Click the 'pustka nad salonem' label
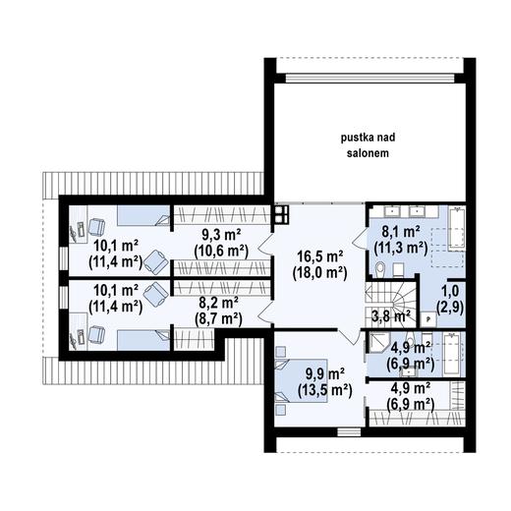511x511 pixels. click(x=368, y=145)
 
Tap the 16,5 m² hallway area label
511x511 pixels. click(x=319, y=265)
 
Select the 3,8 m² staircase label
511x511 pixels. click(x=391, y=316)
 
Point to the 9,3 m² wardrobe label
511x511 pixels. click(x=221, y=244)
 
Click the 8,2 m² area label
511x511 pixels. click(x=218, y=311)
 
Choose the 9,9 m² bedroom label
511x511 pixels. click(x=325, y=382)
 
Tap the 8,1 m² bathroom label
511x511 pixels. click(x=401, y=240)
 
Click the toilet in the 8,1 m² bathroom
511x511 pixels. click(x=380, y=268)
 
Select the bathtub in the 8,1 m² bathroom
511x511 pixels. click(x=456, y=227)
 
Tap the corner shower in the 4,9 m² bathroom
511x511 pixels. click(x=377, y=342)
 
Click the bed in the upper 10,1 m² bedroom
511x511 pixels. click(x=143, y=215)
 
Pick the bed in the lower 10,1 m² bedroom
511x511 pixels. click(x=143, y=340)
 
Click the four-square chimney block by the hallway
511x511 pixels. click(x=282, y=214)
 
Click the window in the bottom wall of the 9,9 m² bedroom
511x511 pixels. click(x=349, y=431)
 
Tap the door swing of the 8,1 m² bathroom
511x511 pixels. click(x=360, y=238)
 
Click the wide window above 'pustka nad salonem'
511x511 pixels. click(x=369, y=78)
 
